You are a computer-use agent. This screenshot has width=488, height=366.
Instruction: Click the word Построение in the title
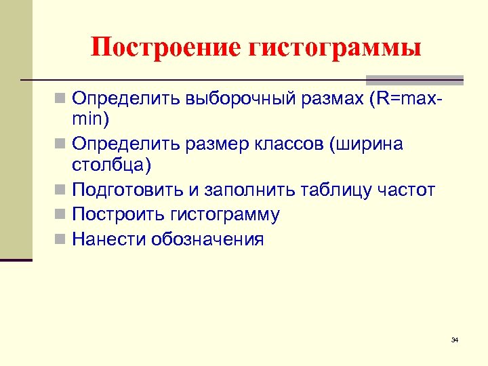tap(166, 47)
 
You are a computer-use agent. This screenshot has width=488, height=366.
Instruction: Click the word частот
tap(407, 190)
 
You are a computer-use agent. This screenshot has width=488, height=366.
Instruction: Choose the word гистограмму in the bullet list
tap(224, 215)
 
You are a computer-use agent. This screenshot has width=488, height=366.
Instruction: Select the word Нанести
tap(109, 239)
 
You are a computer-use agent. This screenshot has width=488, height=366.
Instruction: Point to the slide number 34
tap(455, 340)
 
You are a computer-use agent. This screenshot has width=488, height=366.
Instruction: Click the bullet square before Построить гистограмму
tap(62, 216)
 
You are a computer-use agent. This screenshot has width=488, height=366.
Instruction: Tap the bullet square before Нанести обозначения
tap(62, 240)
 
